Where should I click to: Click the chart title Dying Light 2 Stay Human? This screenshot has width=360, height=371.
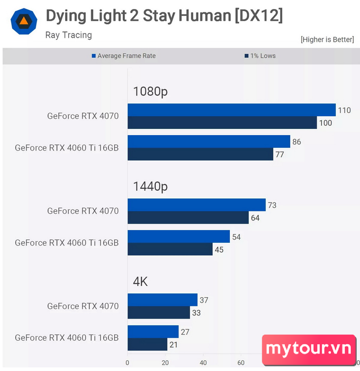point(164,16)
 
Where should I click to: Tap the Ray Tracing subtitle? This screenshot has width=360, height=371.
point(69,35)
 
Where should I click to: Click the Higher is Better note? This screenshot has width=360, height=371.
point(327,40)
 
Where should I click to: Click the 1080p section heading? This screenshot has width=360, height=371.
point(150,91)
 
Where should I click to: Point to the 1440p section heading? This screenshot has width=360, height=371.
point(150,187)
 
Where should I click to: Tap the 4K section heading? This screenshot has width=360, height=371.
point(140,282)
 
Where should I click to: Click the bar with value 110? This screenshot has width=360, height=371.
point(231,110)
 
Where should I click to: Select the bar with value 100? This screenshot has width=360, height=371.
point(222,122)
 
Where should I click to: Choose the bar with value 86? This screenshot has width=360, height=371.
point(209,142)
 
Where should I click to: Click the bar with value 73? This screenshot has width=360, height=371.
point(196,205)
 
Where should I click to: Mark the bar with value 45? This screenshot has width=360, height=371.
point(170,249)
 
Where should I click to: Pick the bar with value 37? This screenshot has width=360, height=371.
point(163,300)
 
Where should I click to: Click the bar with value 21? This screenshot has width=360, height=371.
point(147,344)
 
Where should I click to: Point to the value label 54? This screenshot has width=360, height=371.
point(237,237)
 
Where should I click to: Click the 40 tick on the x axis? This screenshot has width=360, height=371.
point(203,363)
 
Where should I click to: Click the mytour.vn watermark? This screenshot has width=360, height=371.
point(309,349)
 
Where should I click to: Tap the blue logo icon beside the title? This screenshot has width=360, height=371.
point(24,22)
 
